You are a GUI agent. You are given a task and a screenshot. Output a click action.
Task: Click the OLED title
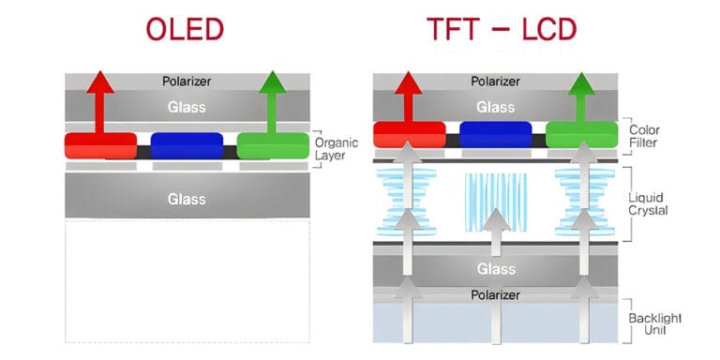point(185,29)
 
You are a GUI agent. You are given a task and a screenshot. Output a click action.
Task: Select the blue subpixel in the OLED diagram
point(187,145)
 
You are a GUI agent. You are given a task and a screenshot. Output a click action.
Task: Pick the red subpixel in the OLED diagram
point(100,145)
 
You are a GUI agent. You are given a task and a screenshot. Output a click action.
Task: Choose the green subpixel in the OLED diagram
point(273,145)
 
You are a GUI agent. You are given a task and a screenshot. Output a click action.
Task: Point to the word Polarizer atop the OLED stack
point(186,82)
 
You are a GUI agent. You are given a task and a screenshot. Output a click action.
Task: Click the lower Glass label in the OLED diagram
point(186,199)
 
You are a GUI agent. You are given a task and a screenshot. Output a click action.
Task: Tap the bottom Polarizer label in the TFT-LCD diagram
point(495,293)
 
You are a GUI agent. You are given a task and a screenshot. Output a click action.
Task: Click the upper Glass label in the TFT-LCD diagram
point(495,107)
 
